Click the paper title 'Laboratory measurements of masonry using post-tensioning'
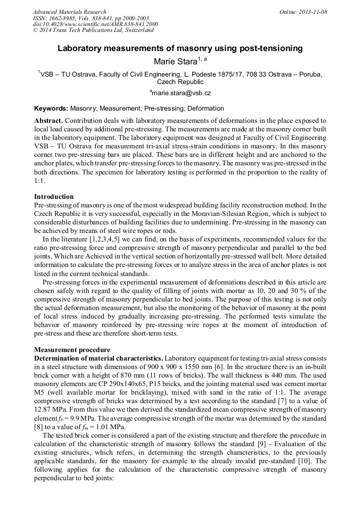180,48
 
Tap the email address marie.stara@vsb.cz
181,93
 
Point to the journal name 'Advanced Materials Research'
69,12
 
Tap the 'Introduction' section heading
54,197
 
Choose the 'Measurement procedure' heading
72,350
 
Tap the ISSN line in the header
91,18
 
